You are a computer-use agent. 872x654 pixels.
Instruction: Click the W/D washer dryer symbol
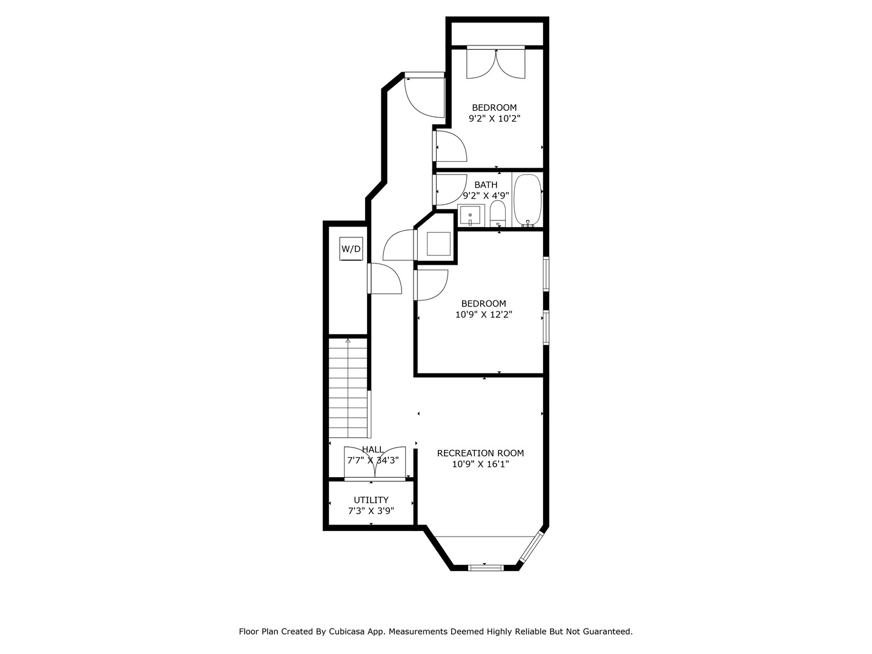(351, 249)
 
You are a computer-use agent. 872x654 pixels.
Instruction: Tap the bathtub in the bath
(527, 200)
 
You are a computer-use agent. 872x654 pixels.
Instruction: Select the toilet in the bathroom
(497, 213)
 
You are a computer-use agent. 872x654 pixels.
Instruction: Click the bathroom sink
(471, 215)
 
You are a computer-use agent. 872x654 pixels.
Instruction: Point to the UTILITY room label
(371, 500)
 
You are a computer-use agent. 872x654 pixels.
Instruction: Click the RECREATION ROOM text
(480, 453)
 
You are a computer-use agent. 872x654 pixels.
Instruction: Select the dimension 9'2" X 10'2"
(494, 119)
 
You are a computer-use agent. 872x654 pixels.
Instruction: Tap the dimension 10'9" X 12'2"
(484, 314)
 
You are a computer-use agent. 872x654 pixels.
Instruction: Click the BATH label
(486, 185)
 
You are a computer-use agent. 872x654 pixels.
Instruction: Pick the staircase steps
(348, 388)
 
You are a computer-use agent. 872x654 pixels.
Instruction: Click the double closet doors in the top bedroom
(496, 63)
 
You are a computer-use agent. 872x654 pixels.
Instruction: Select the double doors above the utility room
(375, 464)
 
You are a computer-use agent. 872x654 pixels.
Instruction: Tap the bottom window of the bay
(486, 567)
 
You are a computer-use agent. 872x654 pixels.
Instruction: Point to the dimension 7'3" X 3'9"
(371, 510)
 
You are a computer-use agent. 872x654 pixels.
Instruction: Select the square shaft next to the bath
(438, 243)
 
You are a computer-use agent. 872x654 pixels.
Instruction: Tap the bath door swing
(449, 190)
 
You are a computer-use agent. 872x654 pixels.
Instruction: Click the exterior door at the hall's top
(424, 94)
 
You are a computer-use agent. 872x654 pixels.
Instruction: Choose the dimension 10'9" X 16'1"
(480, 464)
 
